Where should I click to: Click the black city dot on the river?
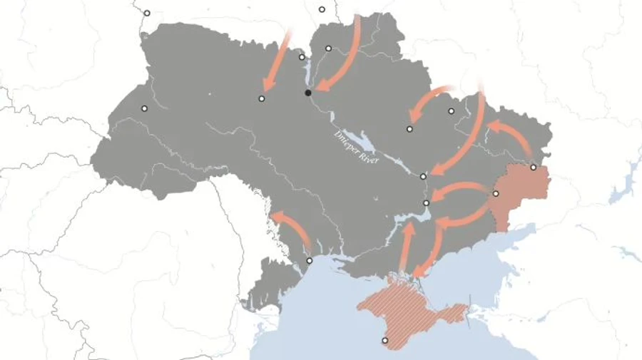tap(308, 93)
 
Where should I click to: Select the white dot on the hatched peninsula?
tap(385, 341)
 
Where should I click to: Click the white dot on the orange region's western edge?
tap(496, 193)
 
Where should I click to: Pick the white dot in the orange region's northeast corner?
tap(533, 167)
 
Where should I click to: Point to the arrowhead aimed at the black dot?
tap(320, 88)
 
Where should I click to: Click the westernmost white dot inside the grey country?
tap(144, 108)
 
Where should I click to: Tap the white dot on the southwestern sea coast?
tap(309, 261)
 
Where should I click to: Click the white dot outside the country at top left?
tap(147, 13)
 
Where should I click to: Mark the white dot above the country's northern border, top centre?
tap(322, 9)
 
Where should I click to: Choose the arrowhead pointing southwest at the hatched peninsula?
tap(419, 271)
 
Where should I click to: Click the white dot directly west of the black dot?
tap(262, 98)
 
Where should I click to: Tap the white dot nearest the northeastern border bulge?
tap(451, 110)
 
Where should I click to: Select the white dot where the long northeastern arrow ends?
tap(423, 176)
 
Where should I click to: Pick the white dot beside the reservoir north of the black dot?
tap(302, 57)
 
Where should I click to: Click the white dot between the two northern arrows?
tap(328, 48)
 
